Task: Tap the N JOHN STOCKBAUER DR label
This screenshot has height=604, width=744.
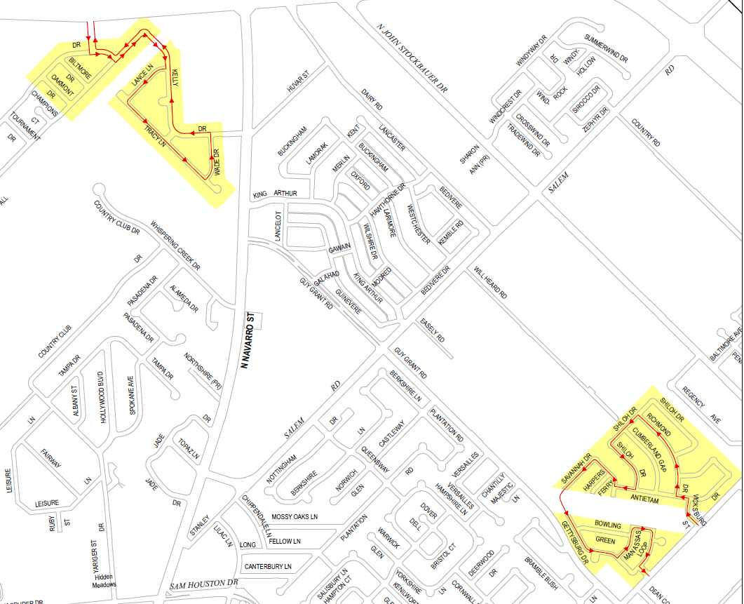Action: [412, 58]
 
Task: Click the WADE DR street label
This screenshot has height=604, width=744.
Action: [217, 162]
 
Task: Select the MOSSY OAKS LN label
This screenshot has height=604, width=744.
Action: [295, 517]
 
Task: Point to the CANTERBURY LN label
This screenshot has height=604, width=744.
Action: [267, 566]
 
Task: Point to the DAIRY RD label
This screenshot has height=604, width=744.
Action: [372, 99]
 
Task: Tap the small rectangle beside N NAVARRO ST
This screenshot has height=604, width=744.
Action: [256, 320]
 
